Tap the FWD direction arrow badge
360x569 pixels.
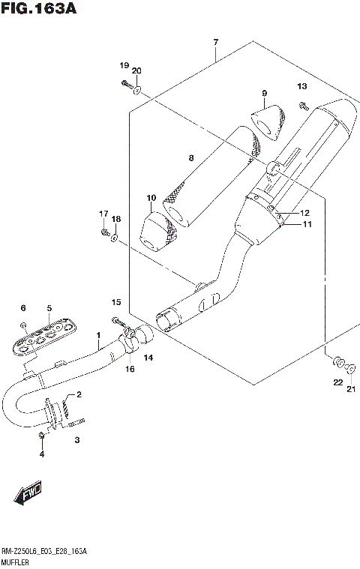(x=27, y=494)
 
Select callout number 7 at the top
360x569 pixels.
(x=215, y=42)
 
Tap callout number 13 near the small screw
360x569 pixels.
(x=301, y=86)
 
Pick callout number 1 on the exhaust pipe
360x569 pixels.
(x=97, y=336)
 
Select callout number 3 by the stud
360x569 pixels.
(x=76, y=441)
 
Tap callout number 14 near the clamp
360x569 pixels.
(x=148, y=358)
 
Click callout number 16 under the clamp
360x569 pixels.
(x=129, y=370)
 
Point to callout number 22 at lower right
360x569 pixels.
(x=337, y=382)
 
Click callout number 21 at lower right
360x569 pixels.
(x=350, y=388)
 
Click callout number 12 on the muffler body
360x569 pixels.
(x=305, y=213)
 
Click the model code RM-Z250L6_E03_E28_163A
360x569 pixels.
(x=43, y=551)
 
